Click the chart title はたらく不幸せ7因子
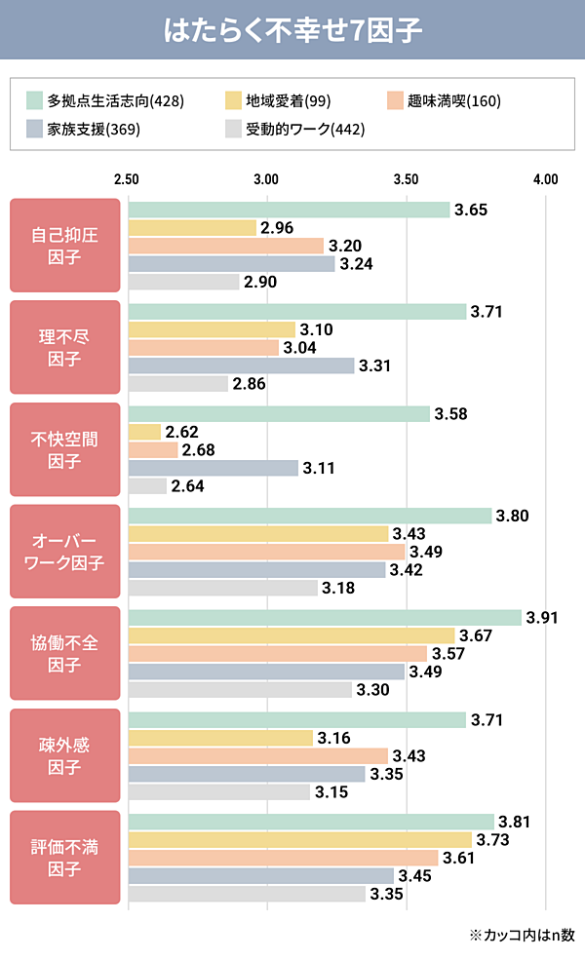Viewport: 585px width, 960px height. point(292,30)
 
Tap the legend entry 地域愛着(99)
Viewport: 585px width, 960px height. point(279,100)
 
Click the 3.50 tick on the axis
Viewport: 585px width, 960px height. point(406,179)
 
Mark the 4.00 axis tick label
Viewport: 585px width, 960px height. point(546,179)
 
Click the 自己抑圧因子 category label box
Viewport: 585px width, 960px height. point(65,246)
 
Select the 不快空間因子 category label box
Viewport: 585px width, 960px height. point(65,450)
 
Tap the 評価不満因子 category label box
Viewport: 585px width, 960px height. point(65,858)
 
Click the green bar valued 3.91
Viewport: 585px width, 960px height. point(325,618)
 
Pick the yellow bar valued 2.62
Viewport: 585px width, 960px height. point(144,432)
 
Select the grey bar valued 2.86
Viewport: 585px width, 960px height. point(178,384)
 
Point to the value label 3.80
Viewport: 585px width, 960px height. point(512,516)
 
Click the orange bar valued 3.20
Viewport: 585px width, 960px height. point(225,246)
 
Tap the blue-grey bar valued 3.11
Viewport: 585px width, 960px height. point(213,468)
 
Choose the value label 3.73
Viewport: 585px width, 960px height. point(491,839)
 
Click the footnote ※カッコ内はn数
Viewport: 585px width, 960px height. point(522,935)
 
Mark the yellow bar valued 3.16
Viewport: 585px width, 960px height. point(220,738)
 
